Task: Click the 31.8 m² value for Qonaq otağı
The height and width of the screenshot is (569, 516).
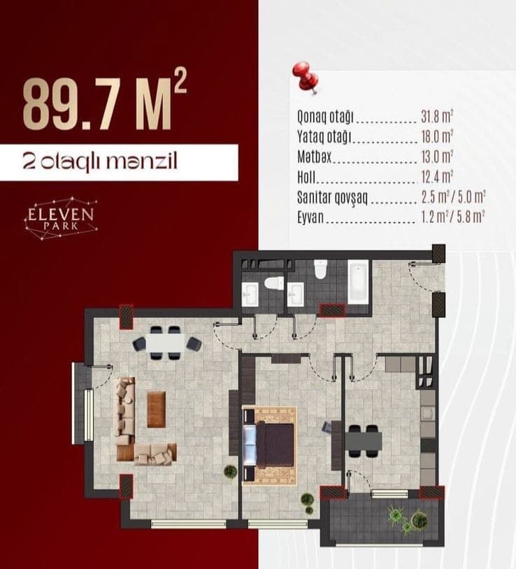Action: (437, 117)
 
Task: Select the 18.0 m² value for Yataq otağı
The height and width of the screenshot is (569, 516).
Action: (437, 136)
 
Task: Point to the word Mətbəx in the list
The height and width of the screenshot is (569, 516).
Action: (314, 157)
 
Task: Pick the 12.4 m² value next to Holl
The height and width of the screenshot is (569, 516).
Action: (437, 177)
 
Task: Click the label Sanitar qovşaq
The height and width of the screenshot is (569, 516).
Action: (332, 197)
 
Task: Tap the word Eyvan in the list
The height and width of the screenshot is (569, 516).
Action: (310, 217)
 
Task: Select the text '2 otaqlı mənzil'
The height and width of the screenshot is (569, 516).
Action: (100, 161)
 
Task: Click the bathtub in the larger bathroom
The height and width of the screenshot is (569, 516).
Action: (358, 282)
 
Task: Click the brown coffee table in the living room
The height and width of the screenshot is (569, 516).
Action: (157, 410)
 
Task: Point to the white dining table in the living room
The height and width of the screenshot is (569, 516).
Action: (166, 343)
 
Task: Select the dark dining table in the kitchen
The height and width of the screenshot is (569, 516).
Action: (364, 441)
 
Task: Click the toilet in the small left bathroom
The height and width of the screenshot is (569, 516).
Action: (274, 283)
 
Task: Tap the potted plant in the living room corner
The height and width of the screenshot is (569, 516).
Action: (231, 472)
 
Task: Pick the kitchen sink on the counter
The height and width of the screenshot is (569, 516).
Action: (428, 413)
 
